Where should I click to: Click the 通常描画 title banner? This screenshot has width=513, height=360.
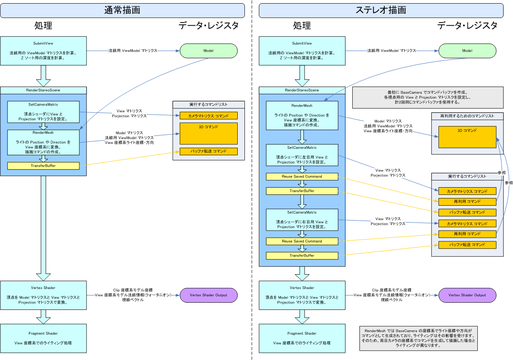122,10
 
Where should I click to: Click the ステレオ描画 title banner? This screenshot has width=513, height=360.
381,10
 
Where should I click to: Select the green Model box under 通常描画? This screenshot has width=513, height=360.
208,51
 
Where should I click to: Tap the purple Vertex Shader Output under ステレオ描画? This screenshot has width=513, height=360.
467,295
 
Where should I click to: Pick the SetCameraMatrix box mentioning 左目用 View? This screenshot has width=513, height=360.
302,155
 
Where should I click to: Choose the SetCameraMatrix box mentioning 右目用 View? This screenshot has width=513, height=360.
302,220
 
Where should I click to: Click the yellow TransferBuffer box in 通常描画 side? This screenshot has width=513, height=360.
43,166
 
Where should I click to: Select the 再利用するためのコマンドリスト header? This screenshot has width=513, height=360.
467,116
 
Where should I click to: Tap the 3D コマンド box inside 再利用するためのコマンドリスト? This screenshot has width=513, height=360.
467,137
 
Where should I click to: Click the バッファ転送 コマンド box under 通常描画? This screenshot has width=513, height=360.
208,152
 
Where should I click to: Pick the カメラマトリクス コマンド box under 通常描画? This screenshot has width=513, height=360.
208,116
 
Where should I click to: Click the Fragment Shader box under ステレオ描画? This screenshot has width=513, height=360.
302,338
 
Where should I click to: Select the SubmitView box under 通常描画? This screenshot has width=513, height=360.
43,51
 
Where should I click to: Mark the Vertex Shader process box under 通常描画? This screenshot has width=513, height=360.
43,295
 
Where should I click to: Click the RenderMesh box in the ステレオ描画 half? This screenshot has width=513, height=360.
302,115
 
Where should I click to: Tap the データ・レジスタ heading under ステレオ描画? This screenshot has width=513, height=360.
467,26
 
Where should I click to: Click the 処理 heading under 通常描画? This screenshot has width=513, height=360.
43,26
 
